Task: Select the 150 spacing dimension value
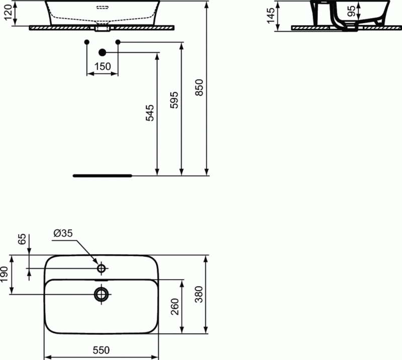point(103,66)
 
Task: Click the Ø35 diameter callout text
point(63,233)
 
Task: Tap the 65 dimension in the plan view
point(22,239)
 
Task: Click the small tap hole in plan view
point(102,268)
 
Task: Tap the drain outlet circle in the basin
point(102,294)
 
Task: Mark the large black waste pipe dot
point(103,52)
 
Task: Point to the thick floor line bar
point(102,176)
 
